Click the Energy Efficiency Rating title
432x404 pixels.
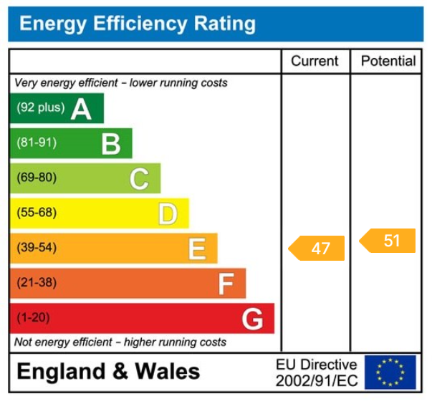click(x=137, y=24)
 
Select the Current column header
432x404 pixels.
click(x=315, y=61)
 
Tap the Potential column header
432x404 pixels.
click(x=388, y=61)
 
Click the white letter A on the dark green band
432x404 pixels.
click(x=81, y=109)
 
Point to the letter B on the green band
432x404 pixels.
click(x=110, y=144)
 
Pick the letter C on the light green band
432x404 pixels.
click(x=139, y=178)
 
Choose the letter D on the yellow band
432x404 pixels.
click(x=168, y=213)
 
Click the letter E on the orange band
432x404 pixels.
click(x=196, y=249)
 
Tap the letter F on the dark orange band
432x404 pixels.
click(x=226, y=284)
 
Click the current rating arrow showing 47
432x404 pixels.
click(x=317, y=249)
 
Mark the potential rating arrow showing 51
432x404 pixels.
click(x=388, y=241)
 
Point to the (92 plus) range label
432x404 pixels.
click(x=40, y=108)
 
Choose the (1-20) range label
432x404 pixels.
click(x=33, y=318)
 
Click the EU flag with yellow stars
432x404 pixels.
click(x=390, y=372)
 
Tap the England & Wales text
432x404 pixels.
click(x=108, y=372)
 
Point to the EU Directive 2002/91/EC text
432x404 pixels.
click(x=316, y=372)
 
